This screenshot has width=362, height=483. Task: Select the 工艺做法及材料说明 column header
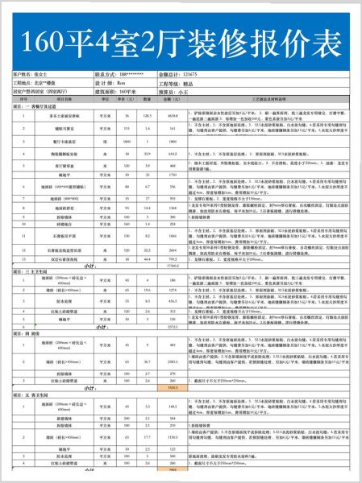tap(274, 100)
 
